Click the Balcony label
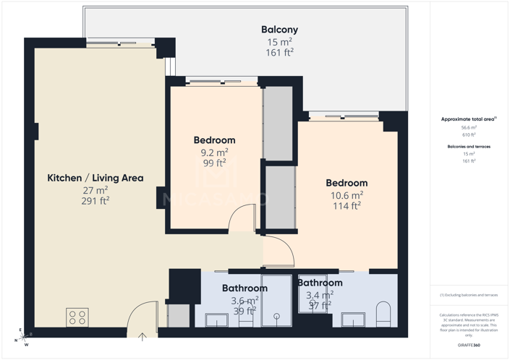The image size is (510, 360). (279, 30)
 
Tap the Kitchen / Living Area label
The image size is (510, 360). (95, 178)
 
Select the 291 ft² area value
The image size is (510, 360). (95, 201)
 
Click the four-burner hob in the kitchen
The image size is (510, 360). (77, 317)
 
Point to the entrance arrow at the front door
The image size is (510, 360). (143, 335)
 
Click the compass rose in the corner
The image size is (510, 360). (25, 336)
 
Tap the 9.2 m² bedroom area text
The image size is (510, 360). (214, 153)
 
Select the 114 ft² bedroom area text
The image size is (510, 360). (347, 206)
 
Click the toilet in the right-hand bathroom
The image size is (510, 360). (383, 314)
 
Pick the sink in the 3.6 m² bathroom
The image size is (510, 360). (216, 320)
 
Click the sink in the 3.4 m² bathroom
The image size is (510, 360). (353, 320)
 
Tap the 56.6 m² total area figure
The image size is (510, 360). (469, 127)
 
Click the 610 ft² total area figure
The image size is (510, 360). (469, 134)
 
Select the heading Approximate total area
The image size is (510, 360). (467, 119)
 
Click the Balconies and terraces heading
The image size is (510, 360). (469, 146)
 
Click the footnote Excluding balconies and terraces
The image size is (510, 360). (469, 295)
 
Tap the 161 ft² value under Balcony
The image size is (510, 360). (279, 53)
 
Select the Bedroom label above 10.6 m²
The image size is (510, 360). (347, 183)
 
